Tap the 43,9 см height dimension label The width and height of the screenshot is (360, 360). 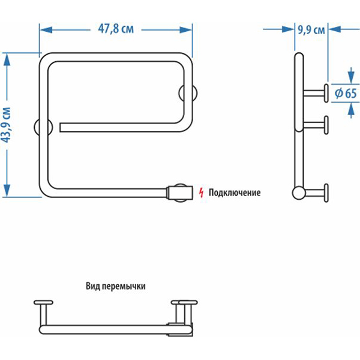pyautogui.click(x=7, y=125)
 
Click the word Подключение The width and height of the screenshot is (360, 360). pyautogui.click(x=235, y=193)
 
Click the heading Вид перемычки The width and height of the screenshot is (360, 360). pyautogui.click(x=116, y=286)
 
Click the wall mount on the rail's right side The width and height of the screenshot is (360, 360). pyautogui.click(x=187, y=94)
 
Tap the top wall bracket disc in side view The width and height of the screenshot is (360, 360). pyautogui.click(x=326, y=92)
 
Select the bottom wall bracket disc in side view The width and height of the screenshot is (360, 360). pyautogui.click(x=326, y=192)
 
